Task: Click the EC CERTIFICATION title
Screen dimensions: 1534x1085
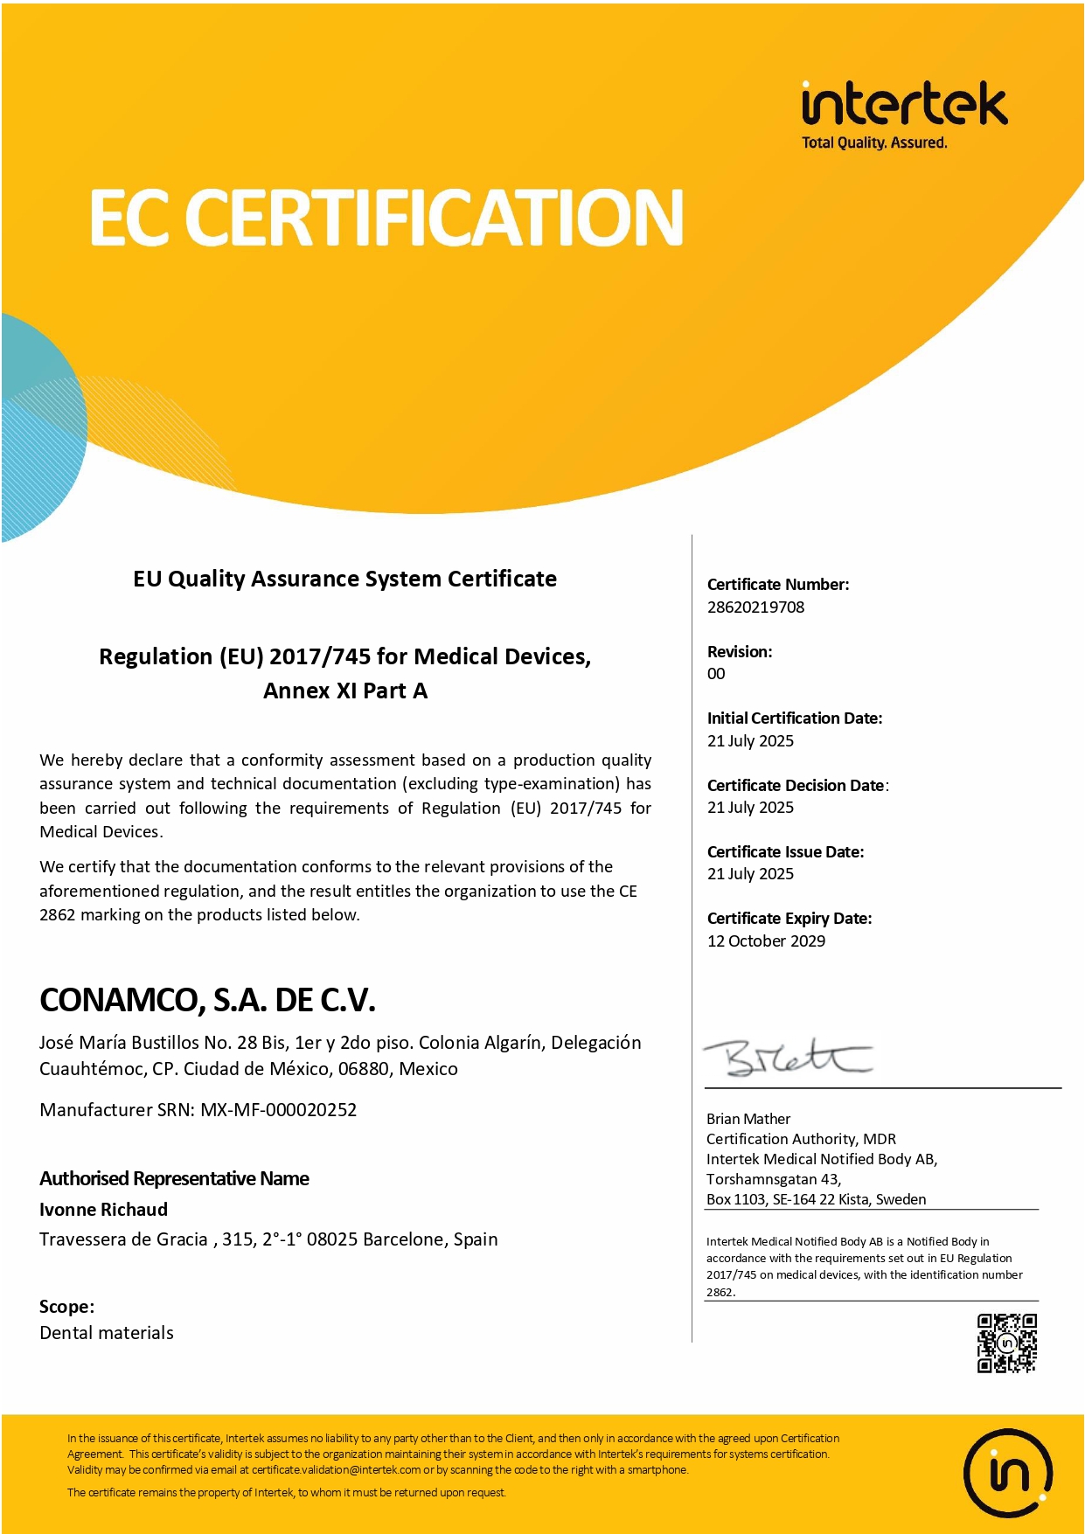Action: click(386, 218)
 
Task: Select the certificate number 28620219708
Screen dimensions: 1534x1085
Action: click(755, 607)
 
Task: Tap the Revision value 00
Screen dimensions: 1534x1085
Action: click(716, 674)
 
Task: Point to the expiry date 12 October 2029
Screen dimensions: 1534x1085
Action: click(766, 941)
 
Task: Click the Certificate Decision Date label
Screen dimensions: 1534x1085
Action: click(796, 786)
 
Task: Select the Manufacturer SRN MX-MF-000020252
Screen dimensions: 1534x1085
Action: click(278, 1110)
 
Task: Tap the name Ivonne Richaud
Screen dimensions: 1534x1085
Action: click(103, 1210)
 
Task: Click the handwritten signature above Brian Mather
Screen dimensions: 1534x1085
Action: click(787, 1058)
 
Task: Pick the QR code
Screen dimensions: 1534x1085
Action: click(1006, 1343)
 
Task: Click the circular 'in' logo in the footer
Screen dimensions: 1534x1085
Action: click(1007, 1473)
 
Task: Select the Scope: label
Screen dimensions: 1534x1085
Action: click(66, 1307)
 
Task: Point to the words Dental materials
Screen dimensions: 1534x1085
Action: click(107, 1333)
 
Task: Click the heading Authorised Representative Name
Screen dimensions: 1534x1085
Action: click(174, 1179)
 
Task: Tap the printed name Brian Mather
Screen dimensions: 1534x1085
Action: click(748, 1119)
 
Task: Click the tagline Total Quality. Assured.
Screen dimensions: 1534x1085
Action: click(874, 142)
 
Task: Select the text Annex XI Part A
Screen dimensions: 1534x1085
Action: click(345, 691)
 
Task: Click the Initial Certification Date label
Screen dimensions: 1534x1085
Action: click(795, 718)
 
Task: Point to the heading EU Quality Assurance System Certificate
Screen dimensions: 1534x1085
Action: click(344, 580)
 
